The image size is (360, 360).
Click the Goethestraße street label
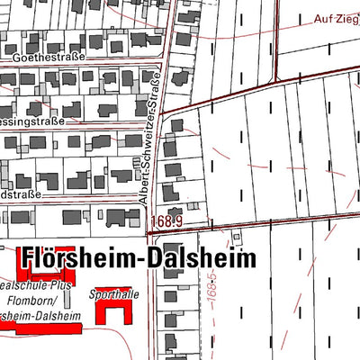[49, 57]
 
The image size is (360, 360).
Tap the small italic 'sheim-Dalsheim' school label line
[40, 316]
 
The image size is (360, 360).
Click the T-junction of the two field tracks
[272, 88]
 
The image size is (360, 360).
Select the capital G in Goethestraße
[18, 57]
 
